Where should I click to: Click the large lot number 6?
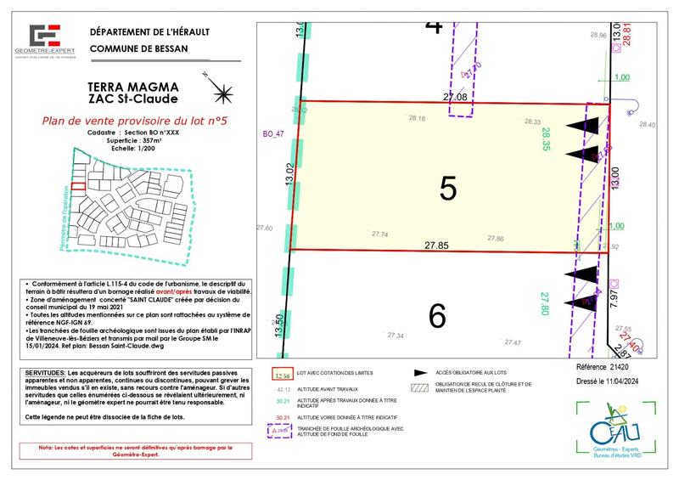pos(438,316)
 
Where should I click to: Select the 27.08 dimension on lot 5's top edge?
pos(456,98)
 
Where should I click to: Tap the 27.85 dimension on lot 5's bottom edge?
pos(437,245)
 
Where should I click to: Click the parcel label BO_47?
pos(272,134)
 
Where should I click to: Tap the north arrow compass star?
pos(222,90)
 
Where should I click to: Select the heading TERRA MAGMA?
pos(133,86)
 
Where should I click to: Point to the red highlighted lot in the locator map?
pos(77,189)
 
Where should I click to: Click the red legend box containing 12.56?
pos(283,375)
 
